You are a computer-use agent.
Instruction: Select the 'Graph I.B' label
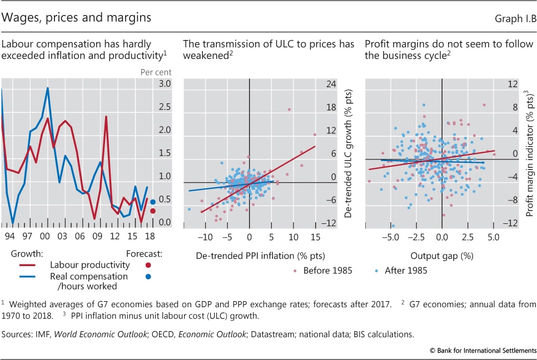tap(515, 19)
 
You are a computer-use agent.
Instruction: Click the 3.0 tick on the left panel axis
tap(164, 84)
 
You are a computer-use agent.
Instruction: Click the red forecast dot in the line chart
tap(152, 211)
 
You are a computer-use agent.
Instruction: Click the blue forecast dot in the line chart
tap(152, 202)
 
